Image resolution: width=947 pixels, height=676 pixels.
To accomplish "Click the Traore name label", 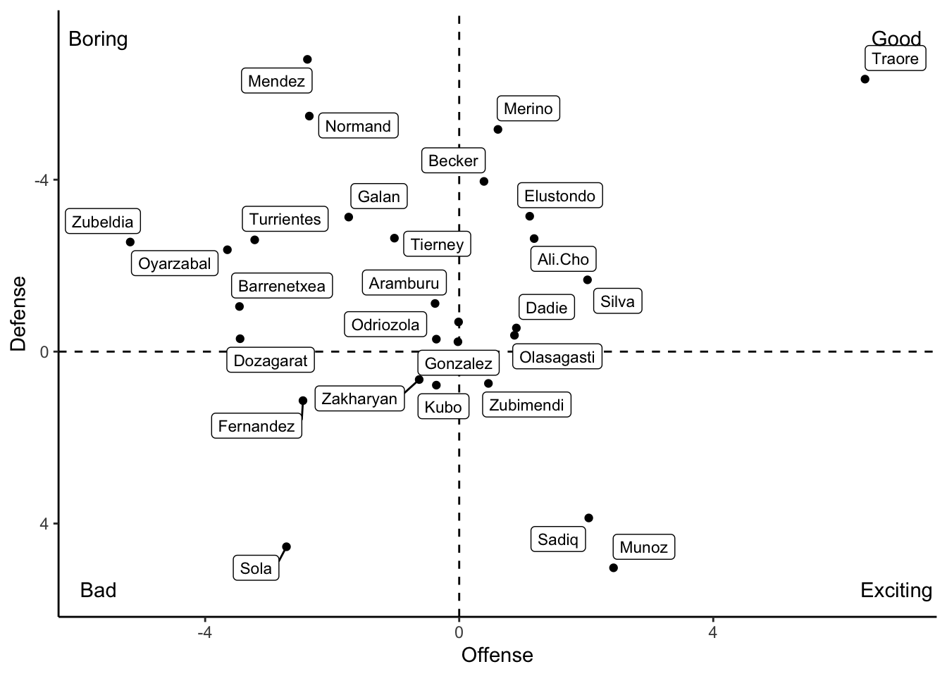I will pos(895,58).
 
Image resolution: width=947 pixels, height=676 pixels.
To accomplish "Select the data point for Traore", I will pos(865,79).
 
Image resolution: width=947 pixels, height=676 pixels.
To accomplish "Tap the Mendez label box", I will pos(277,81).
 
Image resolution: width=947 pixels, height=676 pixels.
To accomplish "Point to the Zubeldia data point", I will pos(130,242).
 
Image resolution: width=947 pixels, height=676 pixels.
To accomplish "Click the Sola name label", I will pos(256,568).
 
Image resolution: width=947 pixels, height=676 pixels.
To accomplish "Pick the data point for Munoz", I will pos(614,568).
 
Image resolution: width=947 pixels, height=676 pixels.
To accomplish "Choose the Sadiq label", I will pos(557,539).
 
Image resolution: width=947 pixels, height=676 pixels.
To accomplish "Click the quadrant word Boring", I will pos(98,39).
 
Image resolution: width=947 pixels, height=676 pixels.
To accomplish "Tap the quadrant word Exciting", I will pos(896,590).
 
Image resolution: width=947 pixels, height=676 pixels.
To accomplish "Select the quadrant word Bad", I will pos(98,590).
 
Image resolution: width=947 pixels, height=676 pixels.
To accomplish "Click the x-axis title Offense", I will pos(497,656).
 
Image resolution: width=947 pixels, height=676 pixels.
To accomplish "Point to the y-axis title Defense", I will pos(19,313).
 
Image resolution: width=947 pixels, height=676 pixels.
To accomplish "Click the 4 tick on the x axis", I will pos(713,632).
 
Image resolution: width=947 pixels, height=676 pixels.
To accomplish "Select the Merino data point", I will pos(498,130).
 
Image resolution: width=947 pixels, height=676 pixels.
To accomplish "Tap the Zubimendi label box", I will pos(526,405).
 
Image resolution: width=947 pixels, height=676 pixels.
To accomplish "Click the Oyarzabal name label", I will pos(175,263).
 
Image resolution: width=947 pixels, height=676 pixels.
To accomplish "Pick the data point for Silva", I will pos(588,280).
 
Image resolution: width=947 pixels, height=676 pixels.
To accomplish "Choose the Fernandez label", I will pos(256,426).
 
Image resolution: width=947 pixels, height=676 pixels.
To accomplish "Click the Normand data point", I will pos(309,116).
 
